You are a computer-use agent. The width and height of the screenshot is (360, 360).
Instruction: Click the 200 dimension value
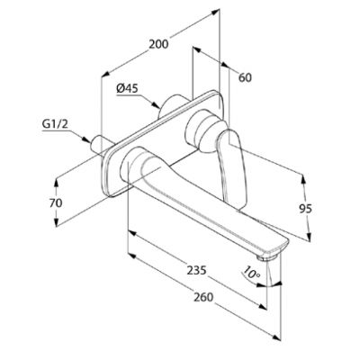pyautogui.click(x=158, y=44)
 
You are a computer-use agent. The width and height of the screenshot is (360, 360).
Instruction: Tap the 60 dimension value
pyautogui.click(x=245, y=77)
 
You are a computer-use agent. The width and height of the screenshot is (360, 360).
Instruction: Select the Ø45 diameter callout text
pyautogui.click(x=127, y=88)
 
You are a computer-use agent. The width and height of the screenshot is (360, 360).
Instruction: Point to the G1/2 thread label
pyautogui.click(x=55, y=125)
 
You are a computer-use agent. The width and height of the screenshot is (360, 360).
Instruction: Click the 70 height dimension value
pyautogui.click(x=56, y=203)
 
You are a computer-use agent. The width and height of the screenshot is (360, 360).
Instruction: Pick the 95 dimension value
pyautogui.click(x=305, y=209)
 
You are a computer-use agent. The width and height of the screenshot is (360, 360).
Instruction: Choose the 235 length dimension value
pyautogui.click(x=197, y=270)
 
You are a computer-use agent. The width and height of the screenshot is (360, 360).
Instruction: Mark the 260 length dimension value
pyautogui.click(x=203, y=297)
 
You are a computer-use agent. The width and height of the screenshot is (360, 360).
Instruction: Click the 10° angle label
pyautogui.click(x=251, y=273)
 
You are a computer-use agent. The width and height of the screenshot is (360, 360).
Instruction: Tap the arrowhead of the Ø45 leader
pyautogui.click(x=156, y=105)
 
